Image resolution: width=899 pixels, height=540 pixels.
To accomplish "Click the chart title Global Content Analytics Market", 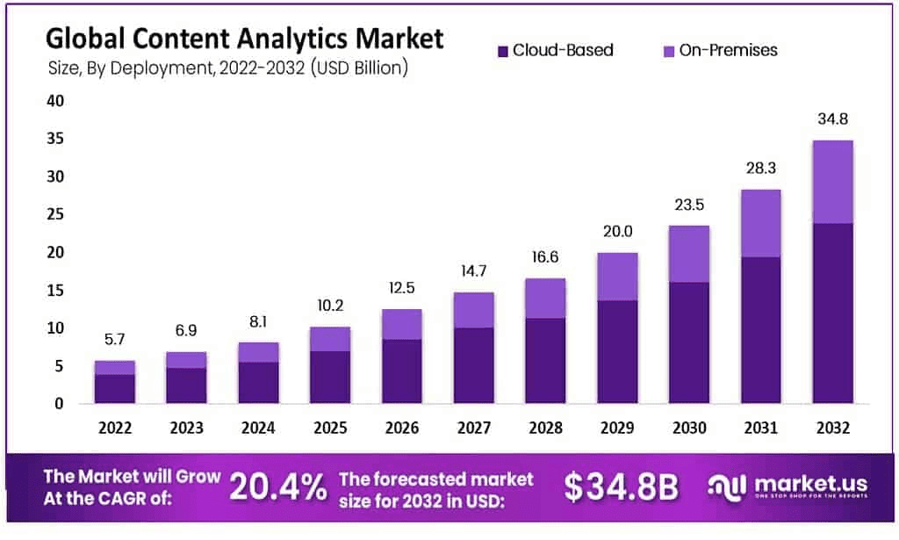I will pyautogui.click(x=244, y=40).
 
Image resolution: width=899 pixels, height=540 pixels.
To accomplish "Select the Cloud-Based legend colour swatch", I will pyautogui.click(x=502, y=51).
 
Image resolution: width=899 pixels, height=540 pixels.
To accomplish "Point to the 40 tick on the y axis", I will pyautogui.click(x=54, y=101).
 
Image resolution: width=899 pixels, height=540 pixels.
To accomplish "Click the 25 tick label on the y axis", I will pyautogui.click(x=54, y=214).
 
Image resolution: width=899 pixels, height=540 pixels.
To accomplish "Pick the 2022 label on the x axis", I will pyautogui.click(x=115, y=428).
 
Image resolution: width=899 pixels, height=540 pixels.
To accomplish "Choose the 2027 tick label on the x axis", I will pyautogui.click(x=473, y=428).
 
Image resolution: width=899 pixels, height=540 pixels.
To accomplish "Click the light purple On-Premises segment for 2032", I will pyautogui.click(x=832, y=182).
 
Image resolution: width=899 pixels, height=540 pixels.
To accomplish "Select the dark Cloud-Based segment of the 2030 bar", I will pyautogui.click(x=688, y=342).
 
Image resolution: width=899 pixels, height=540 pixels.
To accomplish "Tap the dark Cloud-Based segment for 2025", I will pyautogui.click(x=330, y=377).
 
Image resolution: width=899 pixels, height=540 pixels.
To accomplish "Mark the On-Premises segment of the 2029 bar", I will pyautogui.click(x=617, y=277).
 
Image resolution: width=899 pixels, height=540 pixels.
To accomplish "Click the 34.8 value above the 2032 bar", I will pyautogui.click(x=832, y=119).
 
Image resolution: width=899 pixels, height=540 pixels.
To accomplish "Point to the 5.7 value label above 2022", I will pyautogui.click(x=115, y=340).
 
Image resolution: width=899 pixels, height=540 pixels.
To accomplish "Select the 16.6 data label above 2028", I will pyautogui.click(x=545, y=257).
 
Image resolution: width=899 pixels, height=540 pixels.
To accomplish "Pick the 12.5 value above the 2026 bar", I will pyautogui.click(x=402, y=288).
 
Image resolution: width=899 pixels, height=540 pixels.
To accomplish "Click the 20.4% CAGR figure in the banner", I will pyautogui.click(x=278, y=486).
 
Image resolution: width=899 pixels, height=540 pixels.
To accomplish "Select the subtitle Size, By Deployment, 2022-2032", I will pyautogui.click(x=227, y=68).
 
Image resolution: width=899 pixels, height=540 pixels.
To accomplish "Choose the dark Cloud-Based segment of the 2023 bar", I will pyautogui.click(x=187, y=385).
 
